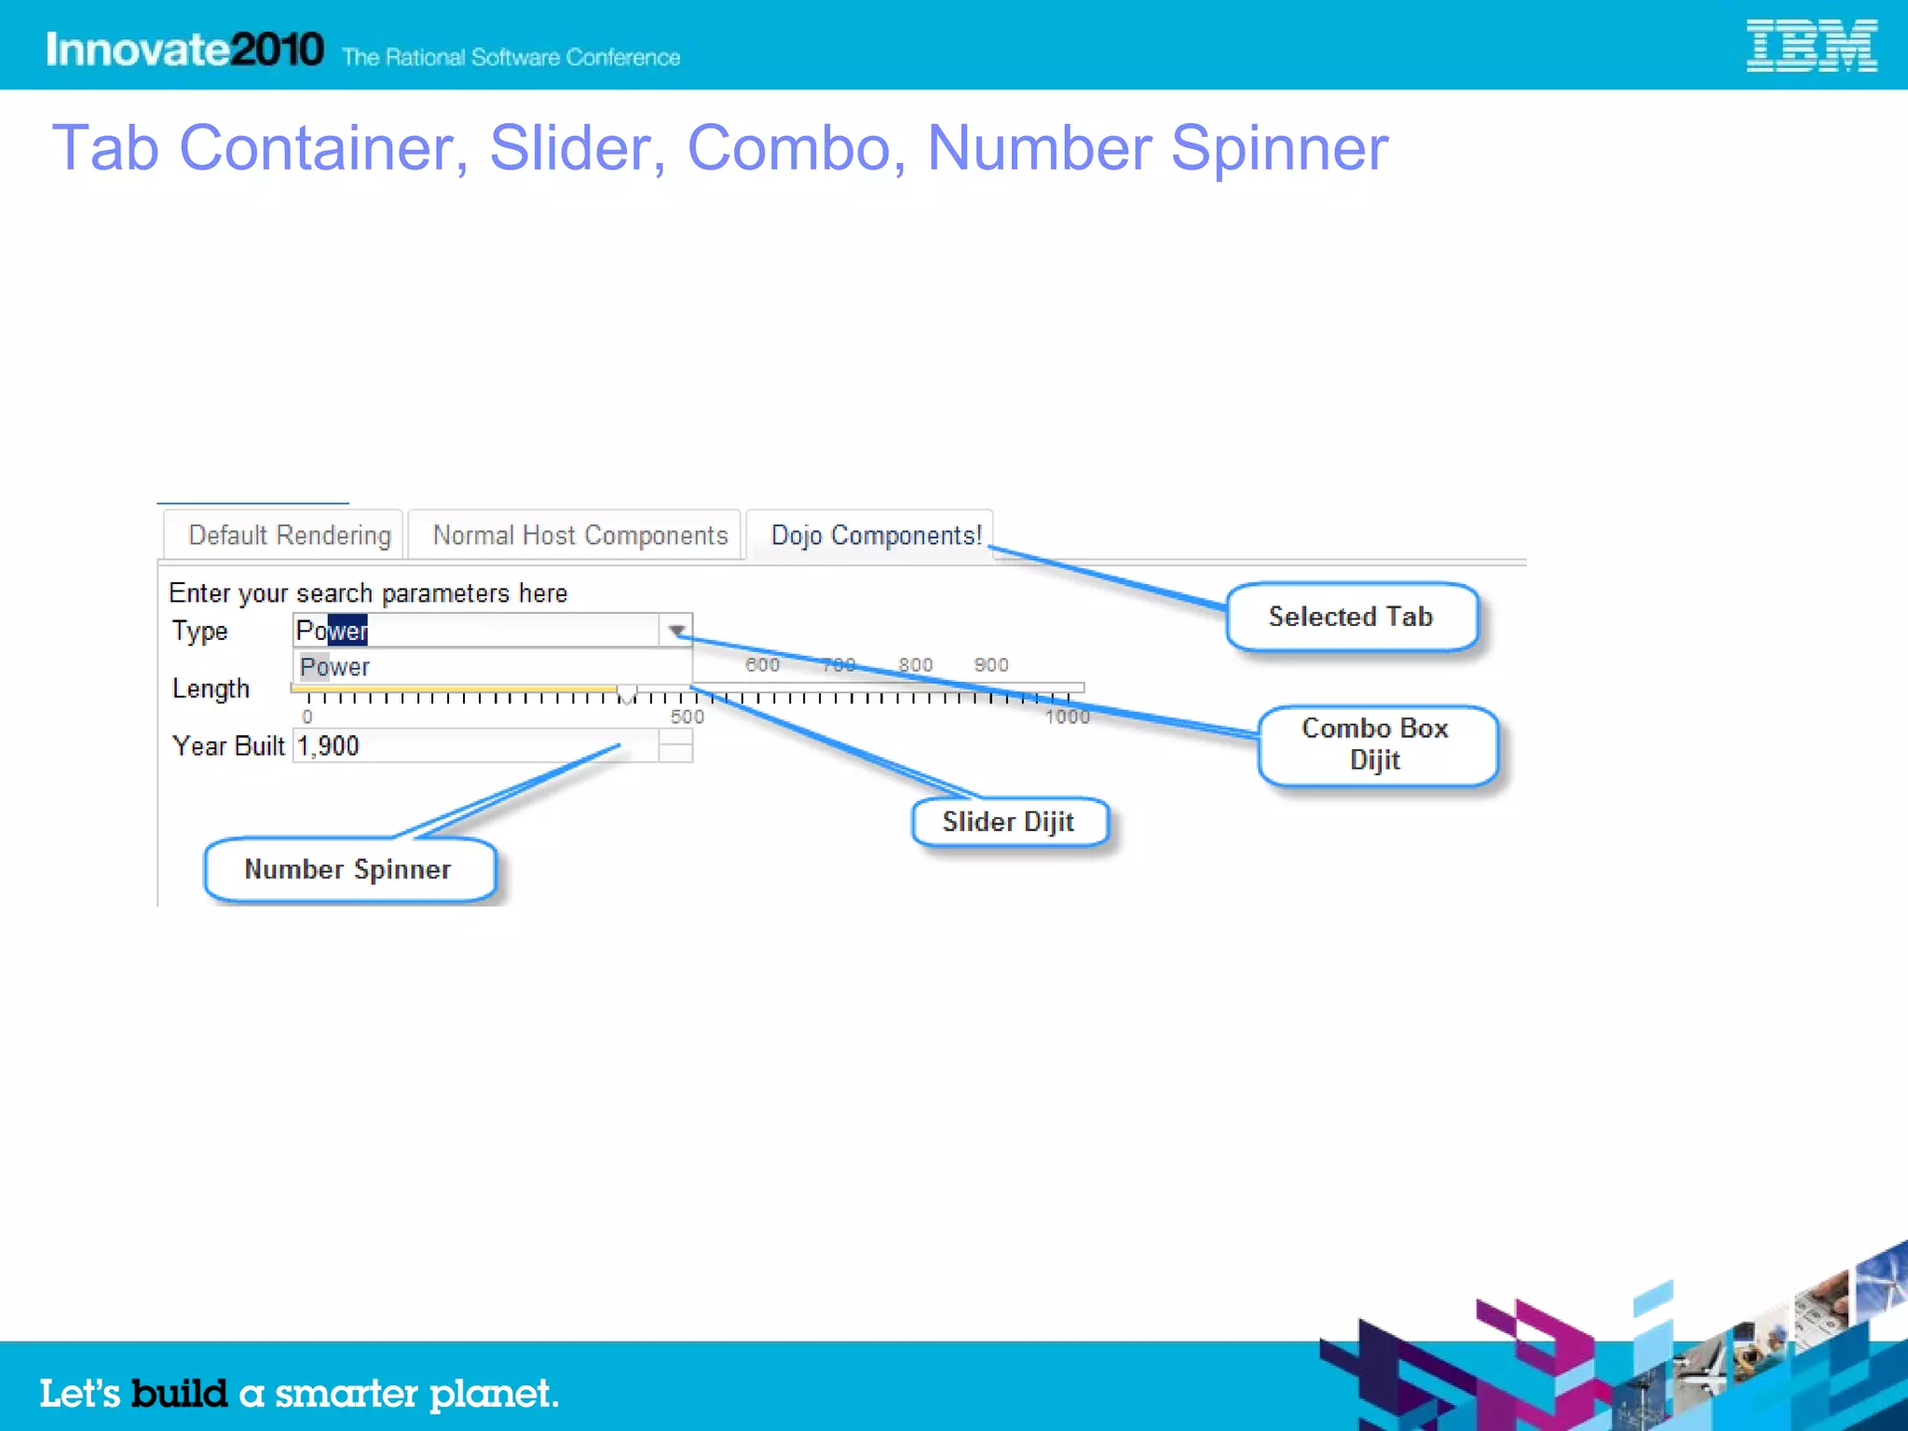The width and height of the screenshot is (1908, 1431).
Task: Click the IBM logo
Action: [x=1810, y=47]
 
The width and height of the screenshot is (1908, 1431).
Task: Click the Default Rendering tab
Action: [x=289, y=536]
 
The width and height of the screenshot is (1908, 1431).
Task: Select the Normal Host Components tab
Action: [x=579, y=536]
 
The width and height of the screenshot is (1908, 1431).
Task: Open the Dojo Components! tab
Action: [x=875, y=536]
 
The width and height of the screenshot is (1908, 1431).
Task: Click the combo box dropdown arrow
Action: [x=676, y=631]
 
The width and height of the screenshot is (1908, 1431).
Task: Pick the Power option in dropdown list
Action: [x=334, y=667]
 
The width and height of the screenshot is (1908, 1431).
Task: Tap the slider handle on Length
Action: [x=627, y=694]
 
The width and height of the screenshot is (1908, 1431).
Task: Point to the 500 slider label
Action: [x=688, y=716]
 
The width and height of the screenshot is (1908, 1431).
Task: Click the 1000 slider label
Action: [x=1067, y=716]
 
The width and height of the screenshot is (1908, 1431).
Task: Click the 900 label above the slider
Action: [x=991, y=664]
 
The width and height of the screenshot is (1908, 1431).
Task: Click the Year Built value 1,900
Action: [x=328, y=746]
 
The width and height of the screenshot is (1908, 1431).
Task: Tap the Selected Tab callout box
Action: [x=1351, y=617]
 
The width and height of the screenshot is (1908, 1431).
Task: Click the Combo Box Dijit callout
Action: [x=1376, y=744]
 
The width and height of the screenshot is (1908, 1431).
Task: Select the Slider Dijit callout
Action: [x=1009, y=822]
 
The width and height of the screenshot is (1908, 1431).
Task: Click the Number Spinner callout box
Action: [x=348, y=869]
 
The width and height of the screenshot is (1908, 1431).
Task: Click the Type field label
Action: [x=199, y=631]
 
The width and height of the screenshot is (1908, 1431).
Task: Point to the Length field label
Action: [x=211, y=688]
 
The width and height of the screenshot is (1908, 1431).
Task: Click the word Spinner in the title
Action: [x=1278, y=149]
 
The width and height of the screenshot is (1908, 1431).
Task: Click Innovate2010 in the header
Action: [x=184, y=49]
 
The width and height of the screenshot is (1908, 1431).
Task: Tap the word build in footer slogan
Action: [x=179, y=1393]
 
